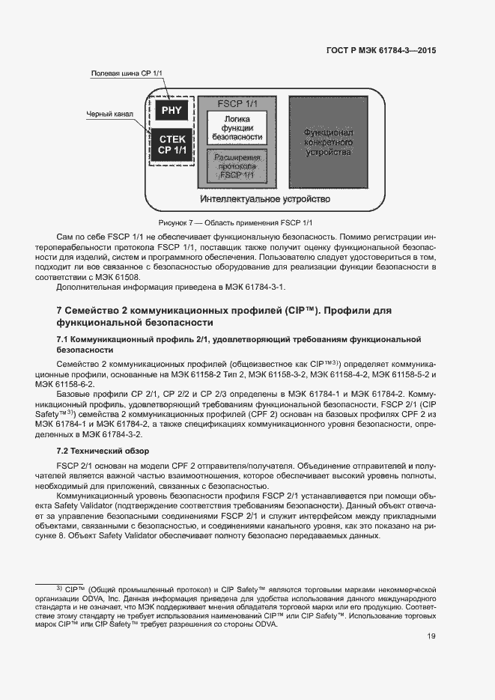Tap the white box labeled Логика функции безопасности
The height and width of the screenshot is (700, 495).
coord(237,128)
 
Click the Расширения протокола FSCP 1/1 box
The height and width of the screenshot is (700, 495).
coord(237,167)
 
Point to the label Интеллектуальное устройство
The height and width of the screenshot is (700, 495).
coord(265,200)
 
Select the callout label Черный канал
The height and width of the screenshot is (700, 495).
coord(111,115)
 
